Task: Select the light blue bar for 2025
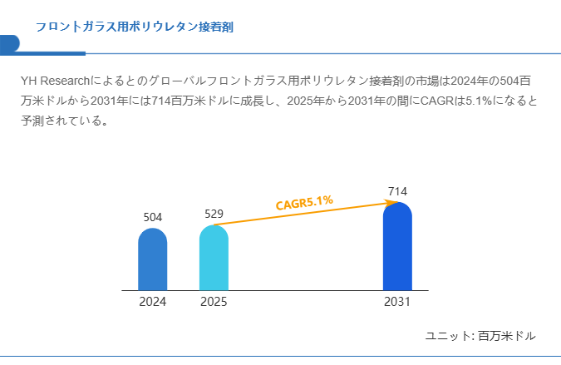(214, 258)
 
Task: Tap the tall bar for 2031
(397, 247)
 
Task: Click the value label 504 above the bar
(153, 217)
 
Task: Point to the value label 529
(214, 214)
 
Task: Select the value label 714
(397, 192)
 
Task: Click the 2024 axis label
(153, 302)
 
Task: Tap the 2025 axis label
(214, 302)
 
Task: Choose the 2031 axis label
(397, 302)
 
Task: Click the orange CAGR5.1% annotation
(304, 202)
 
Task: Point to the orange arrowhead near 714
(393, 202)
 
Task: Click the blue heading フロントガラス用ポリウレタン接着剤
(134, 27)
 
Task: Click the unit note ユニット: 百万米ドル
(480, 336)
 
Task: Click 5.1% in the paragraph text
(476, 101)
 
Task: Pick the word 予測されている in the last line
(62, 121)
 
